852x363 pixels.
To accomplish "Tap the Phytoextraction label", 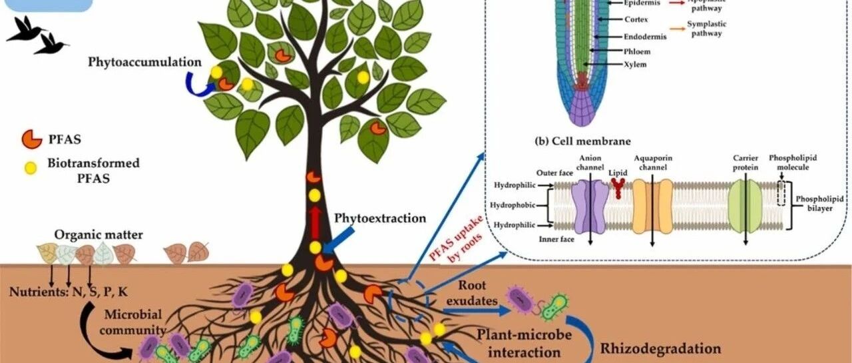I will (379, 218).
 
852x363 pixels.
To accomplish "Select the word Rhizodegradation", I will (660, 348).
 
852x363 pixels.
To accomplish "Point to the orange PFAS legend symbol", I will (32, 139).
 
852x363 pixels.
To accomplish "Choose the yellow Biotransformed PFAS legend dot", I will (31, 169).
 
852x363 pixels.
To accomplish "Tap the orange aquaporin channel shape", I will (652, 206).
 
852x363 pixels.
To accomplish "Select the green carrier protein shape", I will (745, 206).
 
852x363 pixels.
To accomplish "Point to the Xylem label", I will (615, 65).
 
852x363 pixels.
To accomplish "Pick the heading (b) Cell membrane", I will (582, 141).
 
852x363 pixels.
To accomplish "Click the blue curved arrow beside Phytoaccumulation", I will (197, 85).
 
